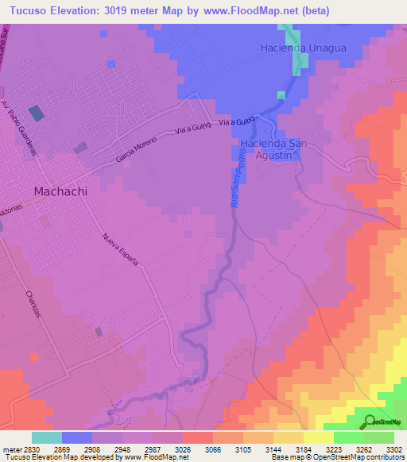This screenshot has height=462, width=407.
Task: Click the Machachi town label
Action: pyautogui.click(x=60, y=191)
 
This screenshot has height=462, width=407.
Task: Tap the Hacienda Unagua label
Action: pyautogui.click(x=304, y=48)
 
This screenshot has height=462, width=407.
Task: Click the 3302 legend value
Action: pyautogui.click(x=394, y=449)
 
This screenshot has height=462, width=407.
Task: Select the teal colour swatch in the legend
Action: pyautogui.click(x=47, y=437)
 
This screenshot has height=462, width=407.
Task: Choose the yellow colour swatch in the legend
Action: pyautogui.click(x=318, y=437)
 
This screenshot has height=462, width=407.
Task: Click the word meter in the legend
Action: pyautogui.click(x=10, y=449)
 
